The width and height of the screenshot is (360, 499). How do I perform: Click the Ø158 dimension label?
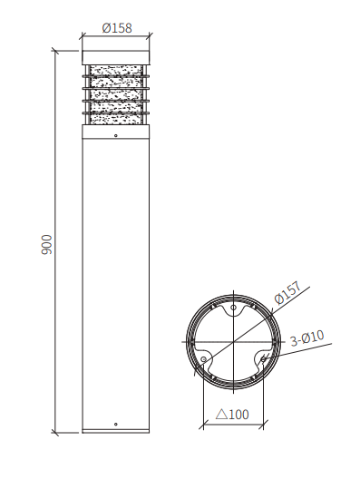116,28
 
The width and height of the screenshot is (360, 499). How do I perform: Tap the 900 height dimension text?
47,243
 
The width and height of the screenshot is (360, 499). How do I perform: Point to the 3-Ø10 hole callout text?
306,338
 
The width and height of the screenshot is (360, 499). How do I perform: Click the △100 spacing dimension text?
232,415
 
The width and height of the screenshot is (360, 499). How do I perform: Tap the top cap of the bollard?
115,56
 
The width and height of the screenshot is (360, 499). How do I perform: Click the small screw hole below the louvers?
115,135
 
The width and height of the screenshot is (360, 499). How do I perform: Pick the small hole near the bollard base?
115,424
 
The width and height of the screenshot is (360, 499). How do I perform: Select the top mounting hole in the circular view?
233,309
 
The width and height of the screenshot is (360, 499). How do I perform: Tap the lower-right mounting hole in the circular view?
263,359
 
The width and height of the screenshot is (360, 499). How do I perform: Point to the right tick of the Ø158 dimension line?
149,35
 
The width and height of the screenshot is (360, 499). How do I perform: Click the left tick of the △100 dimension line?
201,423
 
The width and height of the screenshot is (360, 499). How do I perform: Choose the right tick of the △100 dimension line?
264,423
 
